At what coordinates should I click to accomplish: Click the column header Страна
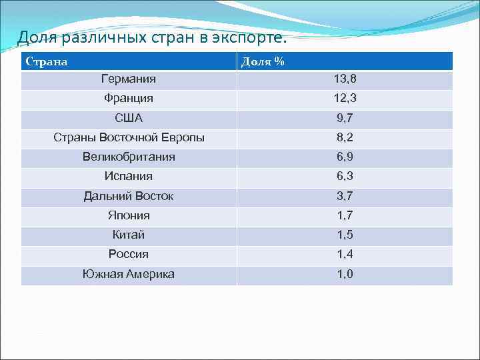[46, 62]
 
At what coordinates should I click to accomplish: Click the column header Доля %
[263, 62]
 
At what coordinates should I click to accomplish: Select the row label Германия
[129, 79]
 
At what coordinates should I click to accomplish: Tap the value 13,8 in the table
[345, 79]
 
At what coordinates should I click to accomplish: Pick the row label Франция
[129, 99]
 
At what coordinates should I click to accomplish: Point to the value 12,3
[345, 99]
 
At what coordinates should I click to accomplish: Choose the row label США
[129, 118]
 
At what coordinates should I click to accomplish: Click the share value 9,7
[345, 118]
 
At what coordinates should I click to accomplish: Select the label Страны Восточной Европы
[129, 138]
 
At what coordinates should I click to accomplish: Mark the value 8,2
[345, 138]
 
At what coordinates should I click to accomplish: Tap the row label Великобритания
[129, 157]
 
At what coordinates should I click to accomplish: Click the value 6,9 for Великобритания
[345, 157]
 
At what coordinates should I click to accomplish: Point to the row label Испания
[129, 177]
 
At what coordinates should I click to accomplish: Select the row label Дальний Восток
[129, 196]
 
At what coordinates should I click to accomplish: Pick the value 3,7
[345, 196]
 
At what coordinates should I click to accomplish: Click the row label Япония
[129, 215]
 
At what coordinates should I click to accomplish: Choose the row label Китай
[129, 235]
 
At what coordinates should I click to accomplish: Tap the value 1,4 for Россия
[345, 254]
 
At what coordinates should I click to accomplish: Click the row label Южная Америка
[129, 274]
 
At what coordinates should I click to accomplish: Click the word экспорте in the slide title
[248, 37]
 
